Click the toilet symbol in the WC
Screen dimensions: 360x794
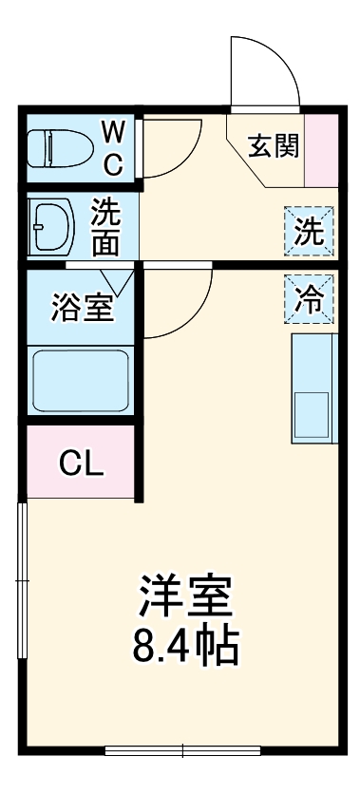pos(60,148)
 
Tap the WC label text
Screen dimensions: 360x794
pos(114,148)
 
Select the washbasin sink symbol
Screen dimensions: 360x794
pos(51,225)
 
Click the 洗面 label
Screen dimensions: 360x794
pos(105,226)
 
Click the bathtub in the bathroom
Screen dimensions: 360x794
pos(81,380)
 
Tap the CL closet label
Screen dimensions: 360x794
pos(82,463)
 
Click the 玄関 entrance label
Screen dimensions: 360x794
pos(274,145)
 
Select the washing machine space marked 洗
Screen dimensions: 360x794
pos(309,231)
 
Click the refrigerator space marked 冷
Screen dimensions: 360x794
pos(309,299)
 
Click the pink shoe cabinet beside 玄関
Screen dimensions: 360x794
pos(321,150)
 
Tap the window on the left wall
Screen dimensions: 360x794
pos(22,580)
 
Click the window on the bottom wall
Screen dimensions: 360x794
pos(182,750)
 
